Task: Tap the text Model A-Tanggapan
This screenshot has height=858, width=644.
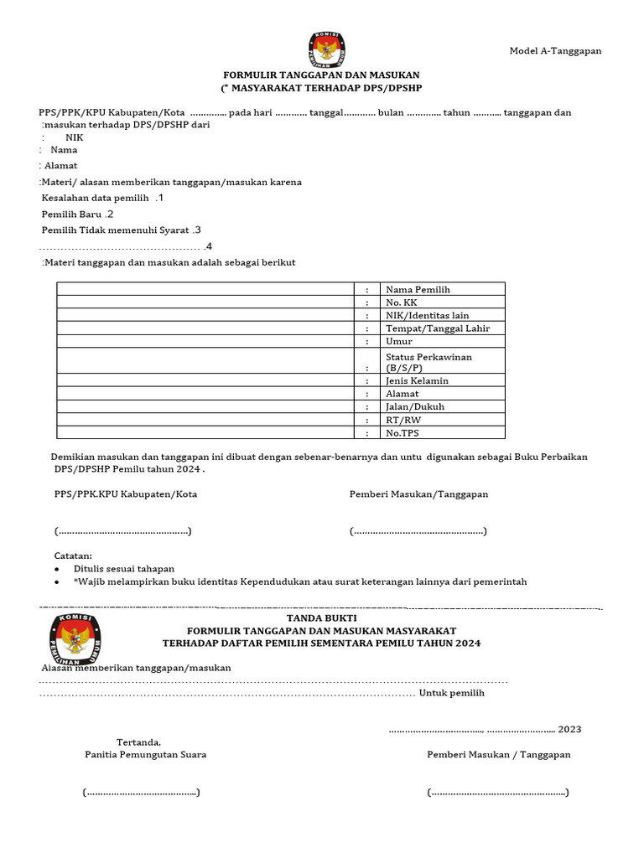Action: tap(555, 51)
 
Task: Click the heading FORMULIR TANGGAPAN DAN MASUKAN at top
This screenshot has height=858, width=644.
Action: tap(321, 75)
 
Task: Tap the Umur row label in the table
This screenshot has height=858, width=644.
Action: tap(399, 342)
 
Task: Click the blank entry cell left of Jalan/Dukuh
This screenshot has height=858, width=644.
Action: tap(205, 406)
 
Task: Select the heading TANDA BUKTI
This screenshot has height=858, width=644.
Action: tap(321, 618)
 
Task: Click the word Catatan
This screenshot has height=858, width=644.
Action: tap(73, 556)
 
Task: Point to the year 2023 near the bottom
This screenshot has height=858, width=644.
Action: tap(569, 729)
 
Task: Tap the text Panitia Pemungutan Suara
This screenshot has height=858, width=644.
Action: tap(145, 754)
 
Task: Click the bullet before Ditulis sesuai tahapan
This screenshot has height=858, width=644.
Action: tap(56, 569)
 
